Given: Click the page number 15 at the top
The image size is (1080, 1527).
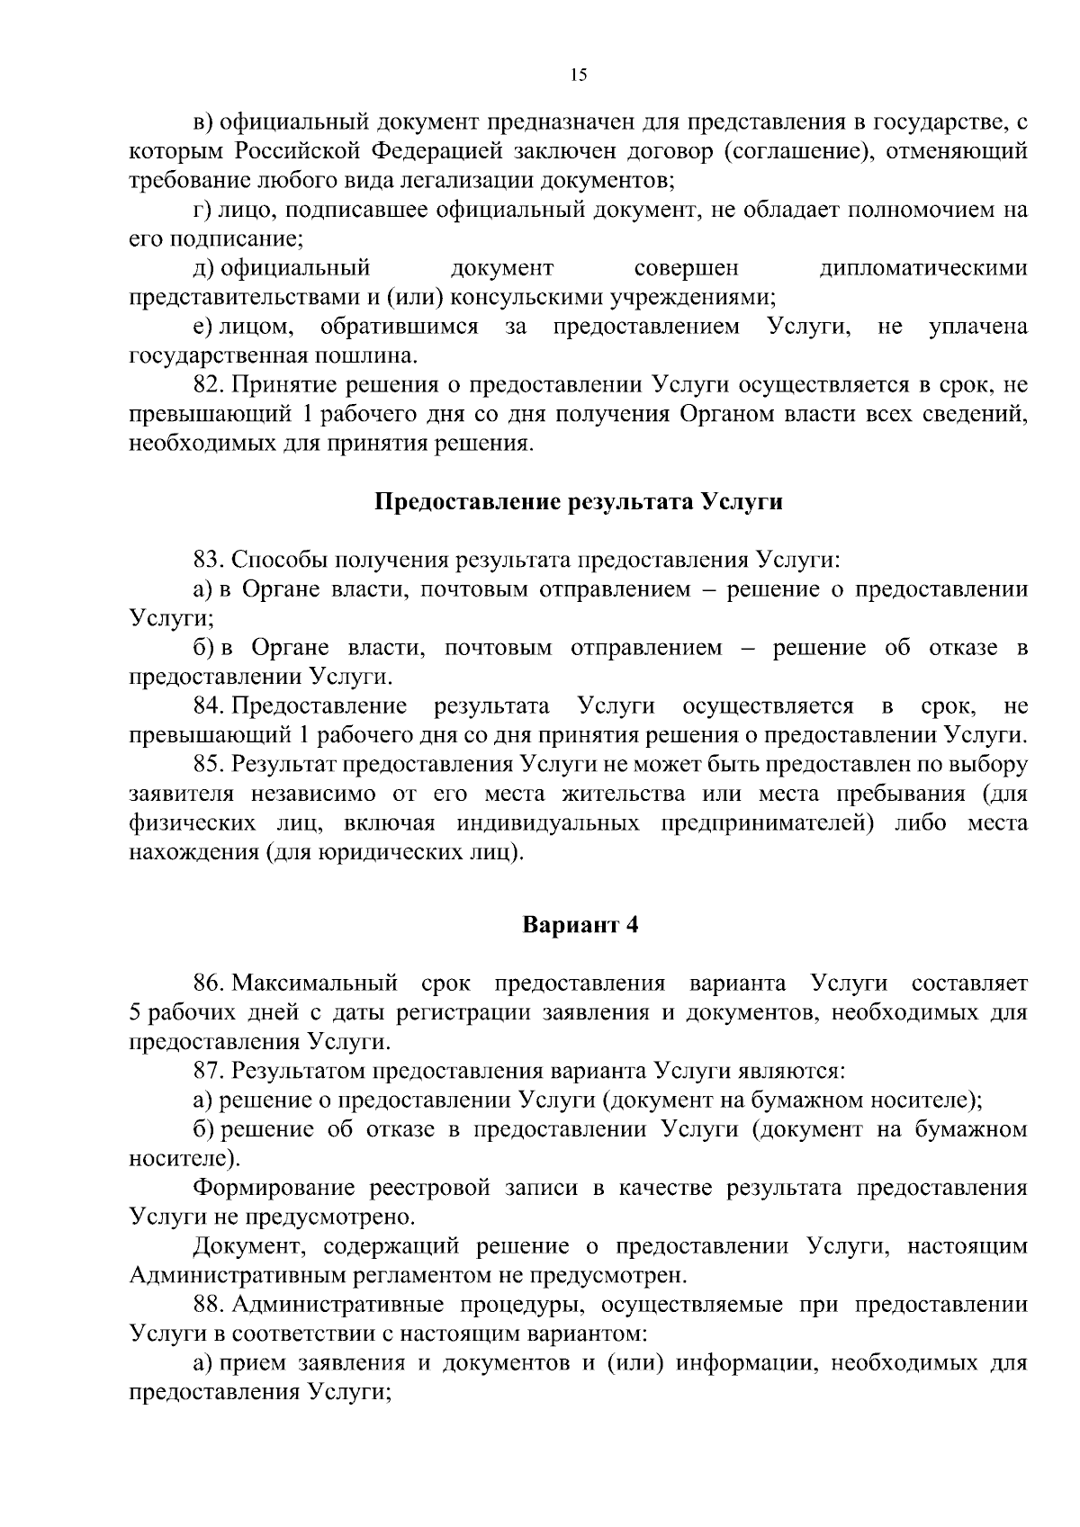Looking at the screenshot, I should (x=579, y=75).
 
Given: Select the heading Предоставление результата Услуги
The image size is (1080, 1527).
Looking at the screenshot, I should (x=578, y=502).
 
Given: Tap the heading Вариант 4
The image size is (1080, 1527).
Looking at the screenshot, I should (x=580, y=925).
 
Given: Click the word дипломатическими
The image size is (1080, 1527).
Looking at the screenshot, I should (x=923, y=268).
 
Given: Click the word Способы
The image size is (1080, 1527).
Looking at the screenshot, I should (x=277, y=560).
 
